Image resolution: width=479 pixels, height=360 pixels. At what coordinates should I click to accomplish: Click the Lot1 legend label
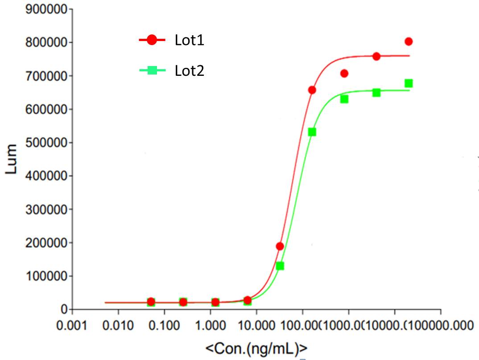[x=190, y=41]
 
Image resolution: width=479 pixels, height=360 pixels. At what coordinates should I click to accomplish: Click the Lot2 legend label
[x=190, y=70]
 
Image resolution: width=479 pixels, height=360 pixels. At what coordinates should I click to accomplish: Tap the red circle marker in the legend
[x=152, y=40]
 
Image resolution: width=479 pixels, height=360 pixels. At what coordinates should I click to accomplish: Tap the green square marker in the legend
[x=152, y=70]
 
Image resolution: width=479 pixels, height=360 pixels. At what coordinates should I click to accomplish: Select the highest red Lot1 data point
[x=408, y=41]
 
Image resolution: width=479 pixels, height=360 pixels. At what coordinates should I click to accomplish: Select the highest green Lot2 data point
[x=408, y=83]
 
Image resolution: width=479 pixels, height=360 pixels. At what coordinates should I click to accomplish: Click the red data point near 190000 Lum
[x=280, y=246]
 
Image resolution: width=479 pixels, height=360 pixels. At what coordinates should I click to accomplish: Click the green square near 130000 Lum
[x=280, y=266]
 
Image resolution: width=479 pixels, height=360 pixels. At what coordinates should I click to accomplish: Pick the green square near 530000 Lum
[x=312, y=132]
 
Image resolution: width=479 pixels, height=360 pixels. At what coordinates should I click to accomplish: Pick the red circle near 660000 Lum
[x=312, y=90]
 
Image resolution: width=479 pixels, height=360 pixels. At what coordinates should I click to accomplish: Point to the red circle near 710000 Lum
[x=344, y=73]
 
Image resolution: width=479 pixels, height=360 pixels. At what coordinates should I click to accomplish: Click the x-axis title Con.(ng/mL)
[x=256, y=348]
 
